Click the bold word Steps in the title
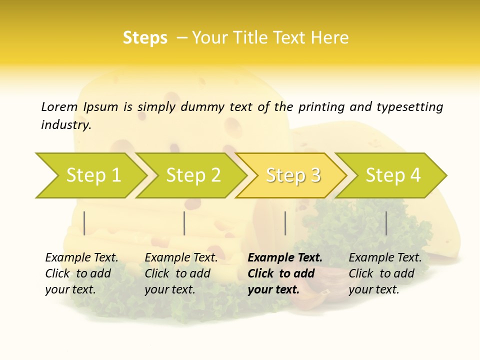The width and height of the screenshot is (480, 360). tap(145, 38)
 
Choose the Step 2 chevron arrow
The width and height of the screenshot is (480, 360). tap(191, 175)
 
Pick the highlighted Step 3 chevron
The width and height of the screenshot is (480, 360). tap(291, 175)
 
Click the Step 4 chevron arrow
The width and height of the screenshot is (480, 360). tap(391, 175)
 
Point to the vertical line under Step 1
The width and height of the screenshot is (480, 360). tap(84, 223)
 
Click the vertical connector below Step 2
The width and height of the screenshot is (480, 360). tap(184, 223)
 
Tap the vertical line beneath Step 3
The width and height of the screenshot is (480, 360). tap(285, 223)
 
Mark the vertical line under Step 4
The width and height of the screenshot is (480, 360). tap(386, 223)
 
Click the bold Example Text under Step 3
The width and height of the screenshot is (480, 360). tap(285, 258)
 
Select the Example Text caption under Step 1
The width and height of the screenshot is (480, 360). tap(81, 258)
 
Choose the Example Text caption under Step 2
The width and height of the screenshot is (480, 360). tap(181, 258)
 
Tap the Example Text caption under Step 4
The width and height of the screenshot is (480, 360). tap(385, 258)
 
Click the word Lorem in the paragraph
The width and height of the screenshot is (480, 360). tap(59, 107)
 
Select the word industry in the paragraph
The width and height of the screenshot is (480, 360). tap(65, 125)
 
